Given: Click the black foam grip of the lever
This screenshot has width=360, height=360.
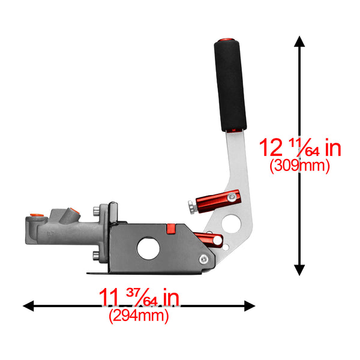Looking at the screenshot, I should [x=230, y=86].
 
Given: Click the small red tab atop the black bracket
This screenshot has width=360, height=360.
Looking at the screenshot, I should [x=170, y=227].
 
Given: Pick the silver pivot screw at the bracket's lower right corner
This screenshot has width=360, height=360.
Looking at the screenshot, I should [x=205, y=259].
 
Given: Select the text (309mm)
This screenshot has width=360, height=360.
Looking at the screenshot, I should [x=299, y=165].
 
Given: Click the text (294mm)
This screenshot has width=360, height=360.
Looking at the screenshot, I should [x=139, y=314].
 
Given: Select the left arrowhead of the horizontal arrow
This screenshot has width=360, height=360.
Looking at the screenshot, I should [x=29, y=306].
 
